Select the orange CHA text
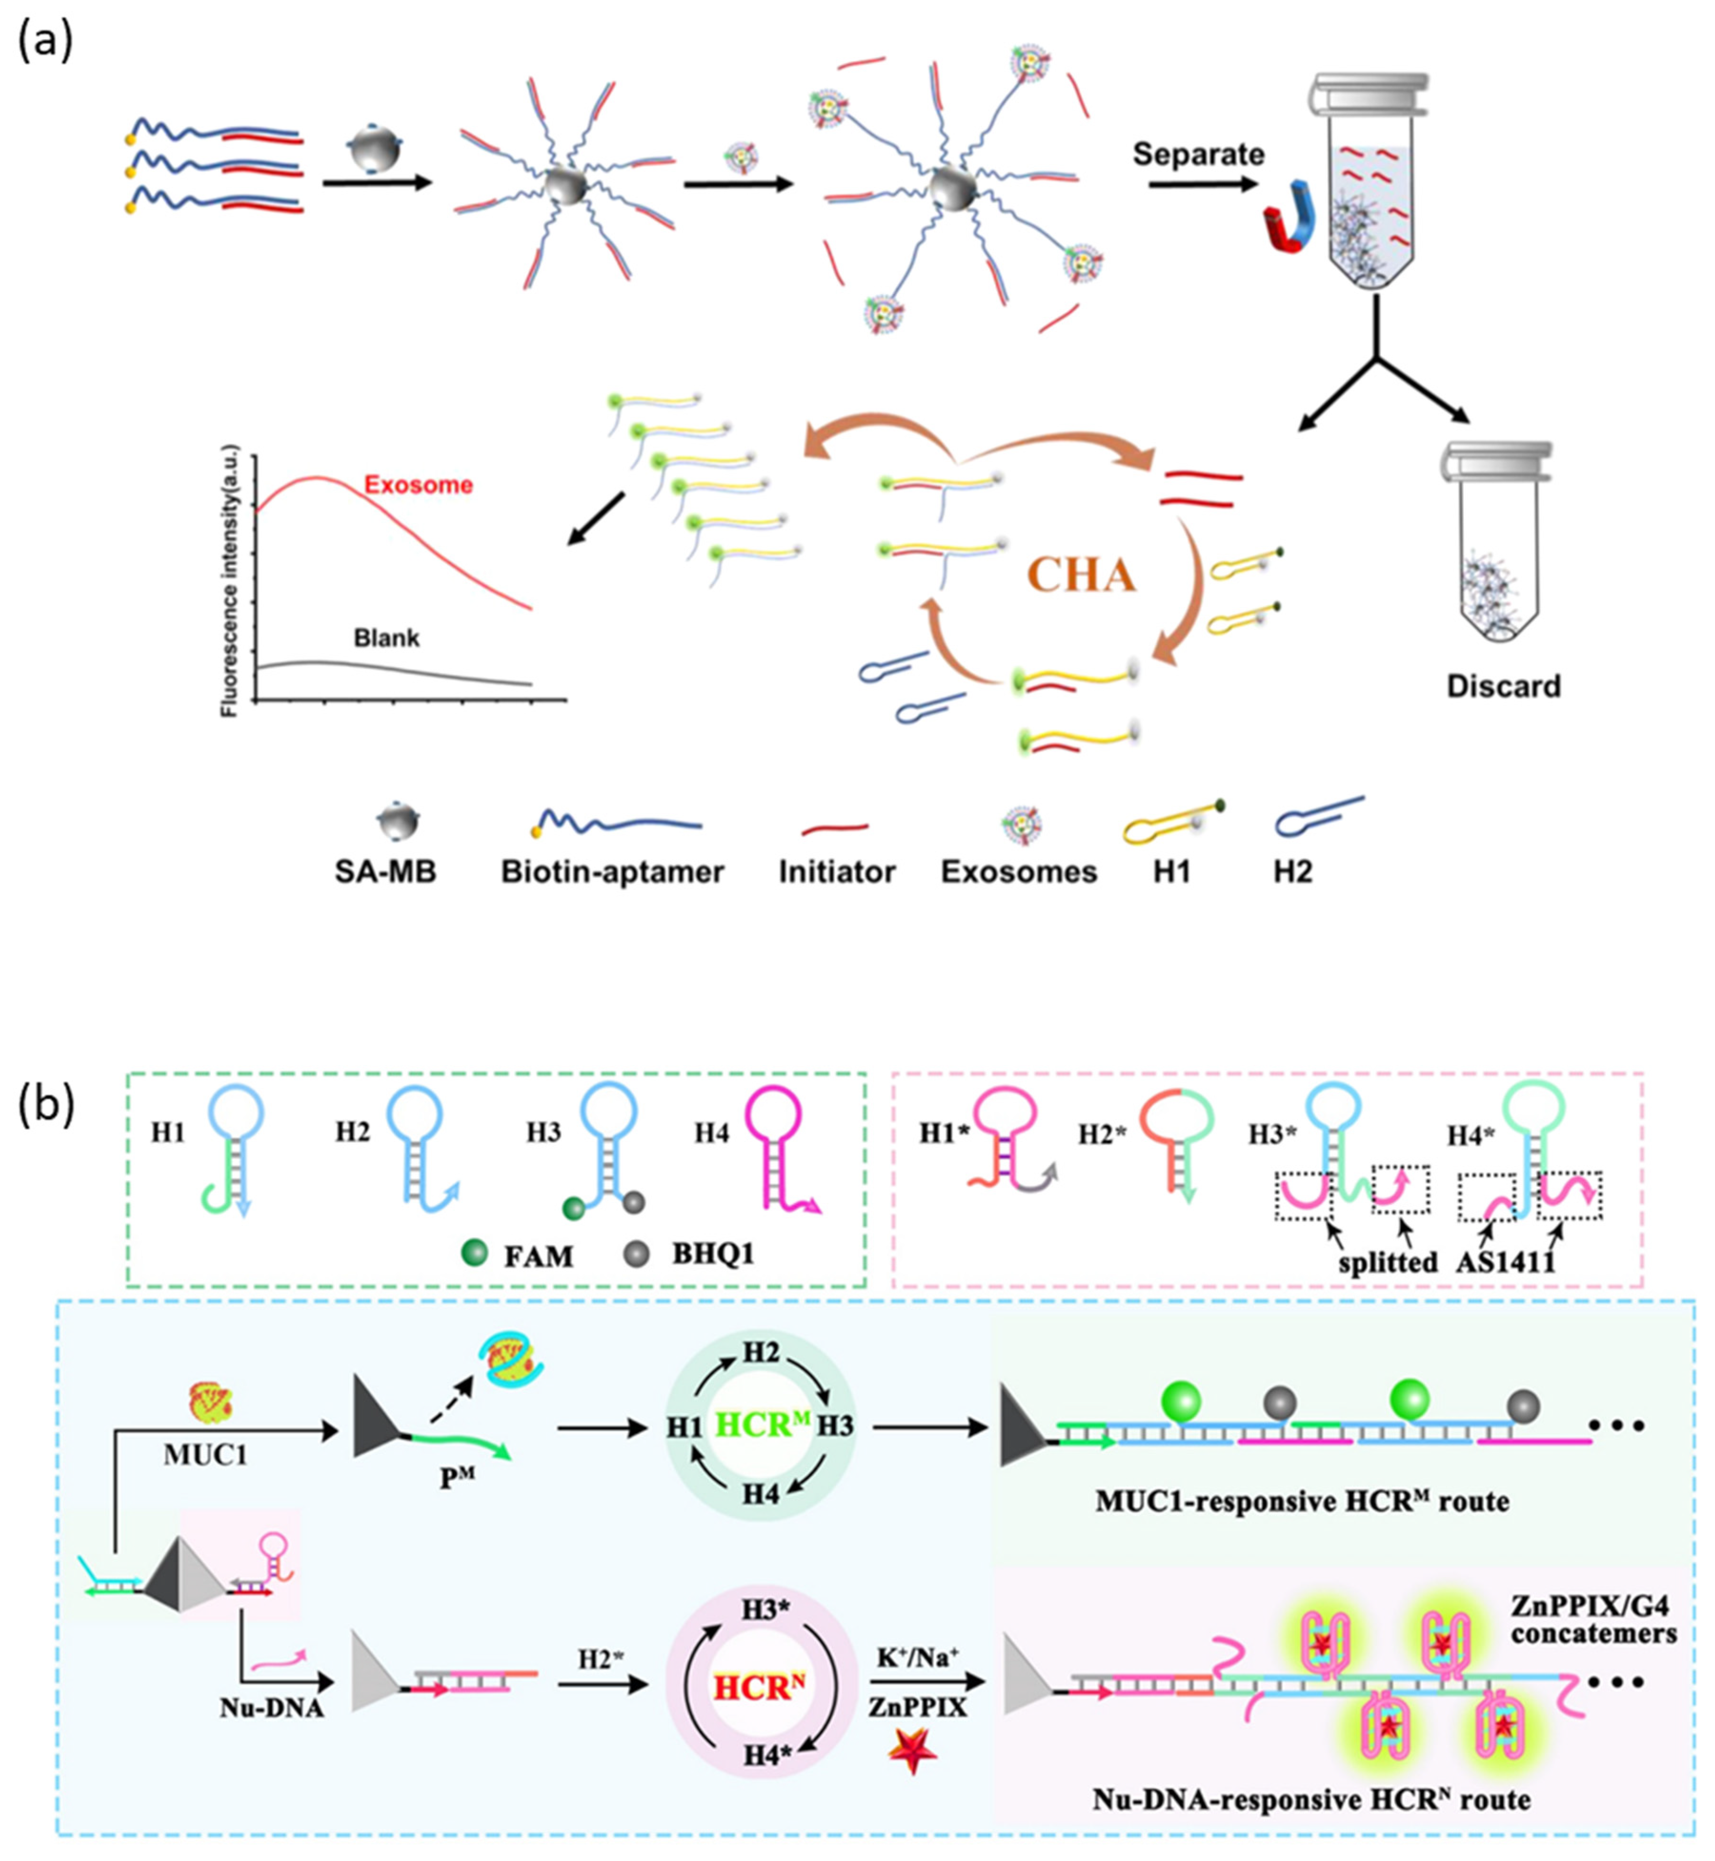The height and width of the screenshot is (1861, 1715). pyautogui.click(x=1081, y=576)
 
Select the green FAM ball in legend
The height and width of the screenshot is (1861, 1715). pyautogui.click(x=474, y=1255)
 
